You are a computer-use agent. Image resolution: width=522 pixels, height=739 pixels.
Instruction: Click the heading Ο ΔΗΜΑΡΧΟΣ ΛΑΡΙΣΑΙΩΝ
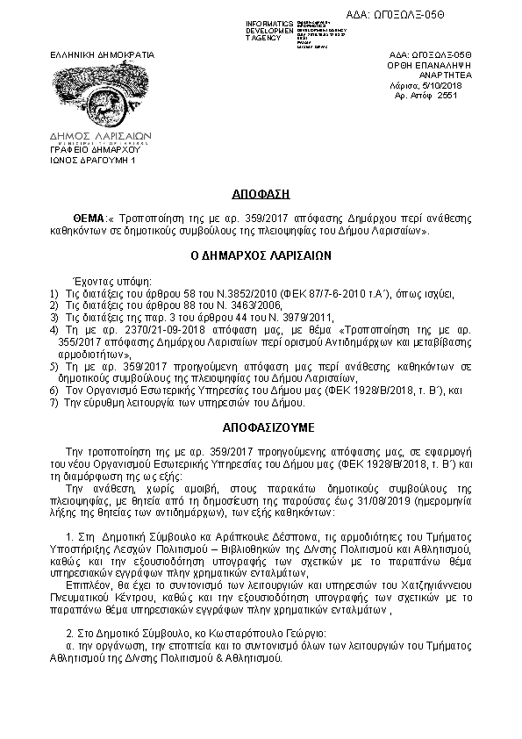(261, 256)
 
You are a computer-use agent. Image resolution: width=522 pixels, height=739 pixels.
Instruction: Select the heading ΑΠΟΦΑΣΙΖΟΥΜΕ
(261, 426)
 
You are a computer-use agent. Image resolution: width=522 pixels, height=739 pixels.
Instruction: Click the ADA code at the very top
(458, 17)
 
